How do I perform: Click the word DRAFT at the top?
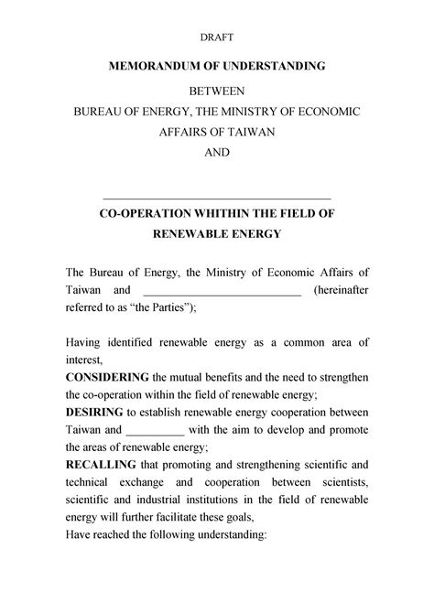(x=217, y=38)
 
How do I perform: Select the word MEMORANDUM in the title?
(x=158, y=68)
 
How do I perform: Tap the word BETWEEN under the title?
(x=217, y=91)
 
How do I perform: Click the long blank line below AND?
(x=217, y=197)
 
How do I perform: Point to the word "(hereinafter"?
(x=341, y=290)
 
